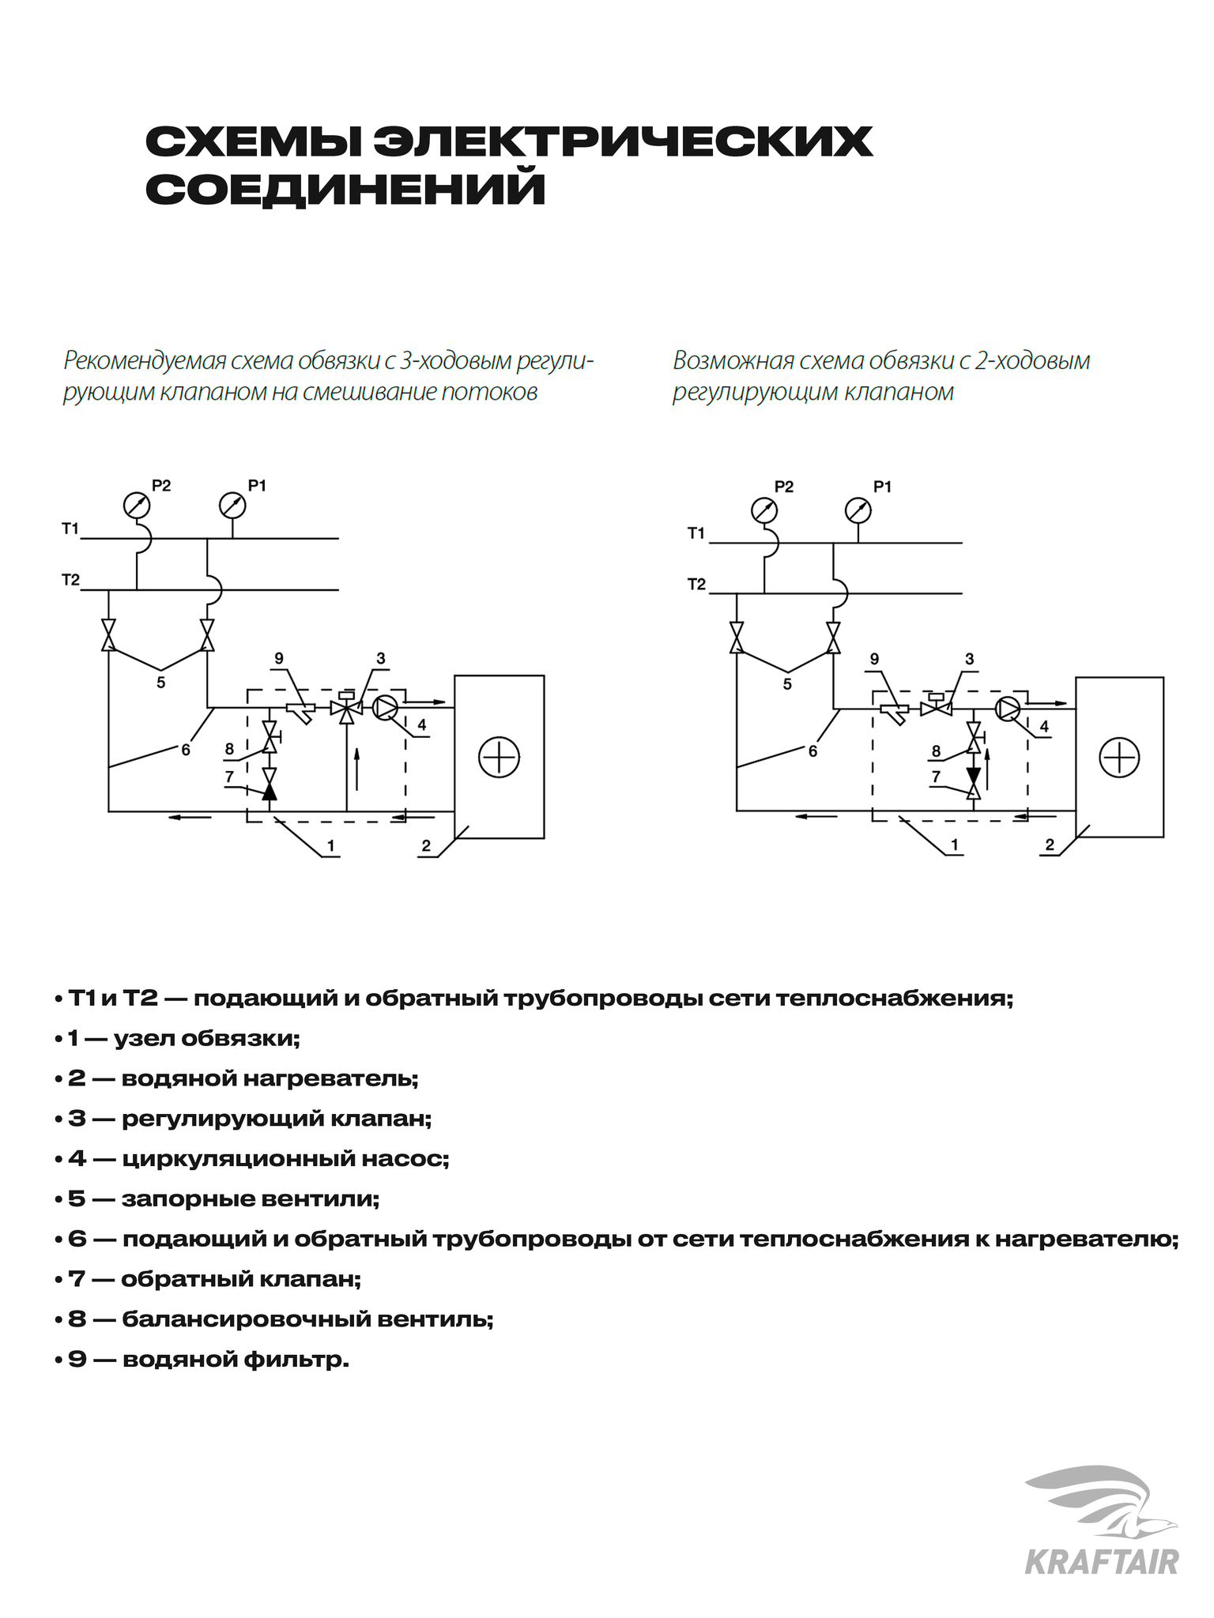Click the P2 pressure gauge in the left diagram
(137, 503)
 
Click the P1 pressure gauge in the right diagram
(858, 510)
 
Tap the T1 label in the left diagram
(70, 529)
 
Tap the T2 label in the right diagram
(696, 585)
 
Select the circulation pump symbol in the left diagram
(385, 708)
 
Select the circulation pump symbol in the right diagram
(1008, 709)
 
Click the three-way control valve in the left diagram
(345, 709)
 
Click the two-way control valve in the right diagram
(936, 708)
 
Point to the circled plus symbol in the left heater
(499, 757)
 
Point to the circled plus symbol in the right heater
(1119, 758)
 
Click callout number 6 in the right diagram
(812, 751)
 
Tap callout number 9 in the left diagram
(279, 659)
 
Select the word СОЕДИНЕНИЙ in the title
(345, 190)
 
